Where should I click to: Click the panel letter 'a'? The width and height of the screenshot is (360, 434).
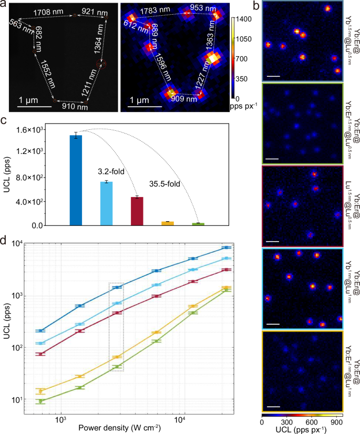(x=4, y=5)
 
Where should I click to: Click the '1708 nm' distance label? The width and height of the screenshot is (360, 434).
(x=49, y=11)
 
